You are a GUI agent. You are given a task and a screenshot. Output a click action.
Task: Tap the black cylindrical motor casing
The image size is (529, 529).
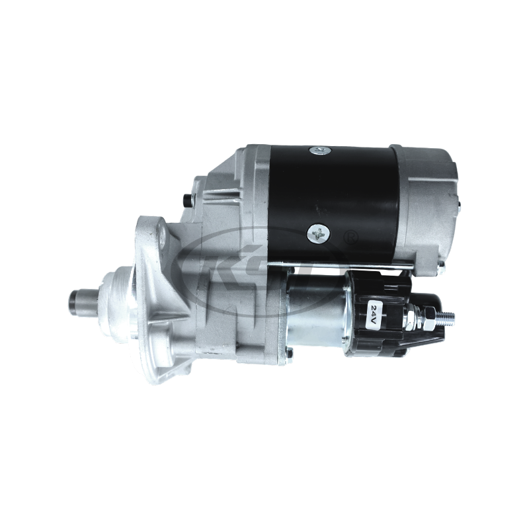331,192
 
